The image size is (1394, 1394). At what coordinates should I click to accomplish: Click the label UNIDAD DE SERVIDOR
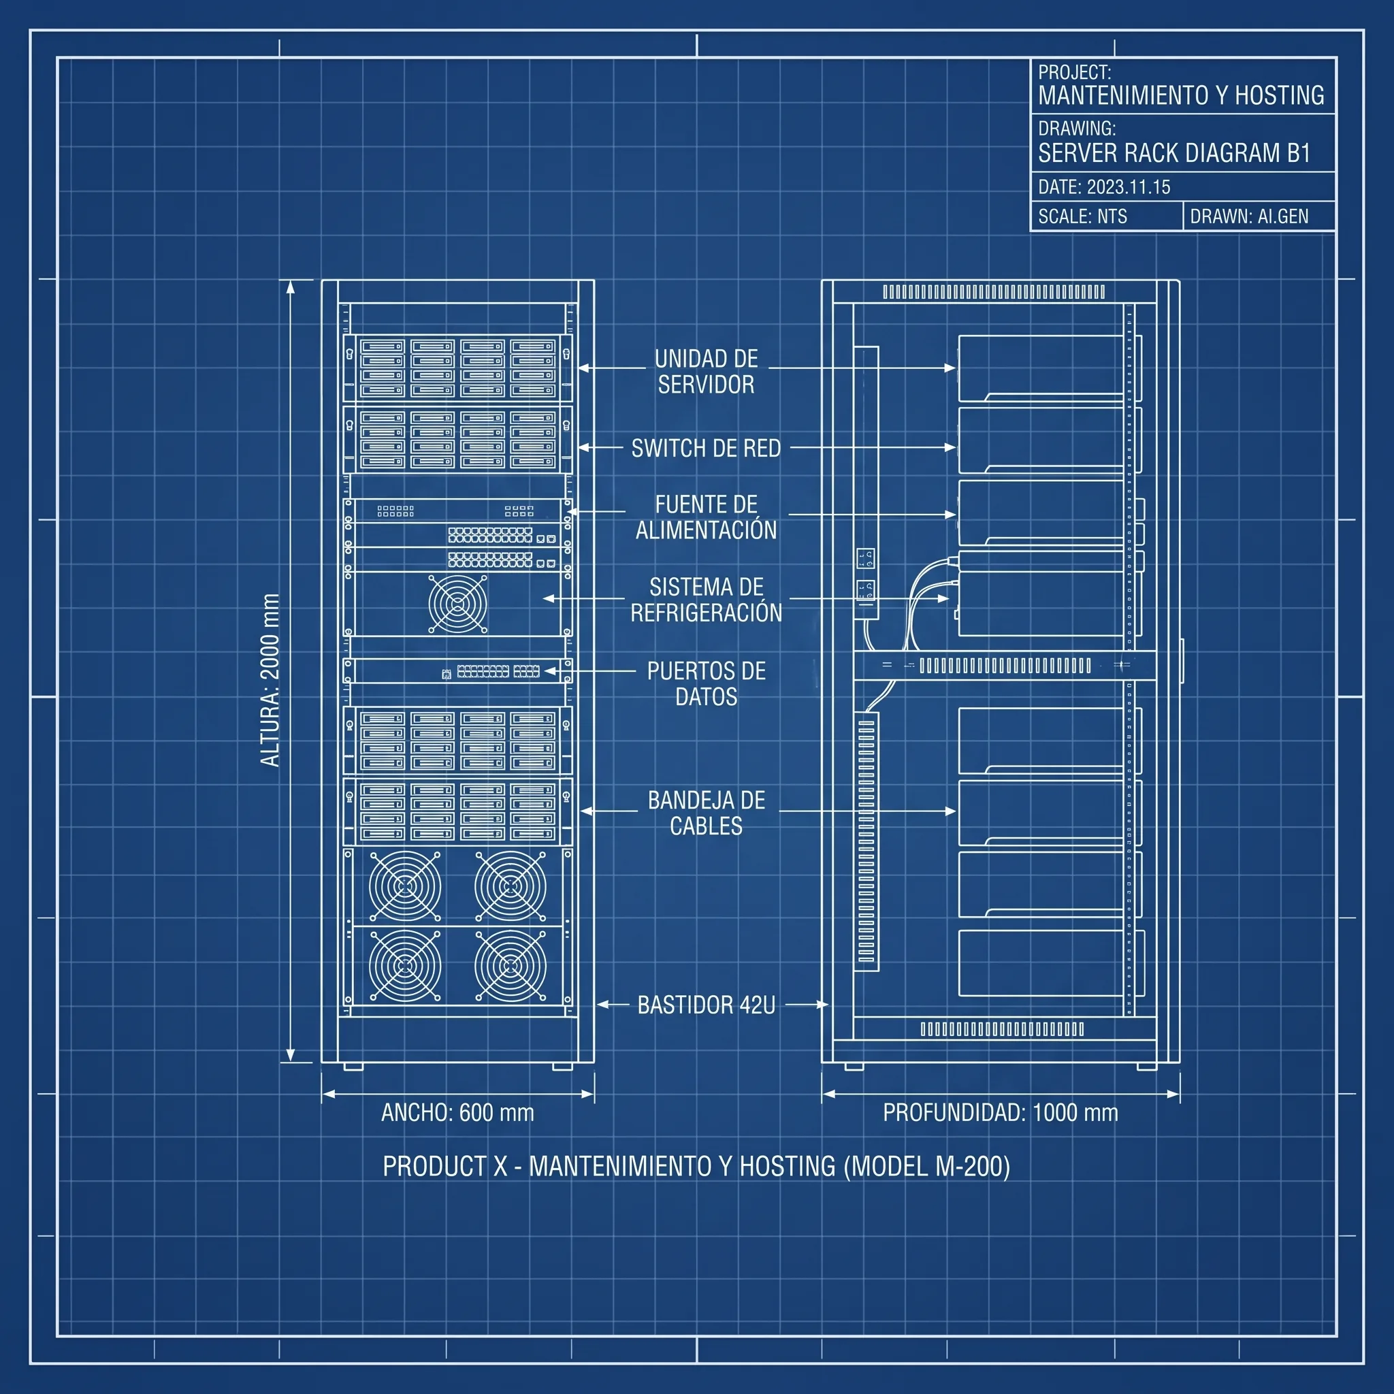click(x=706, y=372)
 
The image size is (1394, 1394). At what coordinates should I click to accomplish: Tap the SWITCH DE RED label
click(x=706, y=448)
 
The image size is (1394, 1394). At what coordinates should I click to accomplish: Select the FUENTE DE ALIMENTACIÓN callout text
click(x=706, y=517)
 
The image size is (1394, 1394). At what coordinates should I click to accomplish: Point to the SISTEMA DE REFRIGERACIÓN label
click(x=706, y=600)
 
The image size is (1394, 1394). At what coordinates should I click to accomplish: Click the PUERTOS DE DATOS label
click(x=706, y=683)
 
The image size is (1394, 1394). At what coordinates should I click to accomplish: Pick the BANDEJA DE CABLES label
click(x=706, y=813)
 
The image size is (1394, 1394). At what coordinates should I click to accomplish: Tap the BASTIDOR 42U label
click(x=706, y=1005)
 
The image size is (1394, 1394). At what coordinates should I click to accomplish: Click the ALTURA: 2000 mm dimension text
click(x=270, y=680)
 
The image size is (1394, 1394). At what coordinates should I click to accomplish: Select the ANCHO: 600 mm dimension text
click(x=457, y=1112)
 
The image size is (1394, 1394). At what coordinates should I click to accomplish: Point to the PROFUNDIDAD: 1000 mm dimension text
click(x=1000, y=1112)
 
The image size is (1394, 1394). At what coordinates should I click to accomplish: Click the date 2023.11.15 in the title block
click(x=1129, y=187)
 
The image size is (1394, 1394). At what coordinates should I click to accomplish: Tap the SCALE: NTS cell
click(x=1106, y=216)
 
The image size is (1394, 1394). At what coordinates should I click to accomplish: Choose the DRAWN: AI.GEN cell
click(x=1259, y=216)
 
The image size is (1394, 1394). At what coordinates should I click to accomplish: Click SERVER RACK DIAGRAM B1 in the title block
click(x=1174, y=153)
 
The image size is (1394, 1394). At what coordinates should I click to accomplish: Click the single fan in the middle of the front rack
click(x=457, y=603)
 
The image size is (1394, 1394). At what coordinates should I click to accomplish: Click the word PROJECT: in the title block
click(x=1074, y=72)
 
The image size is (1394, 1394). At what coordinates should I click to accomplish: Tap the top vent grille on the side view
click(x=994, y=291)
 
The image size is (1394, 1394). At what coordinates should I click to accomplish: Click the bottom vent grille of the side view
click(x=1001, y=1029)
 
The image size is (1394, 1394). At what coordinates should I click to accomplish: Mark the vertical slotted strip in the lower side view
click(x=866, y=841)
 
